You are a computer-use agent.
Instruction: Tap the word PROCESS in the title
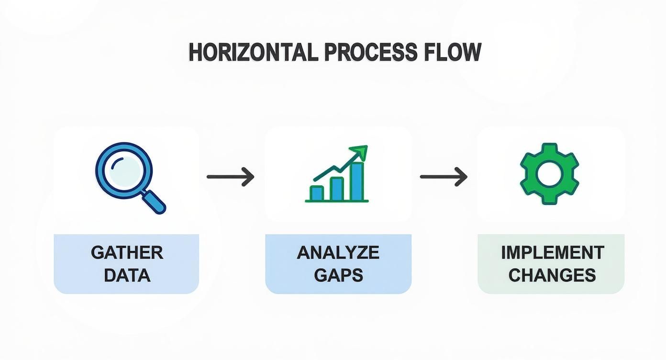371,52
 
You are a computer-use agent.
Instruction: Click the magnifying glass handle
154,202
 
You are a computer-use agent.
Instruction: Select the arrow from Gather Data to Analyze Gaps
231,177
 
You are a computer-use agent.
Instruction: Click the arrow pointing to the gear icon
444,177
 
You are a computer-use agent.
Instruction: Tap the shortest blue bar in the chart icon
317,193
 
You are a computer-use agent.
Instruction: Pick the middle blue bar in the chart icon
337,189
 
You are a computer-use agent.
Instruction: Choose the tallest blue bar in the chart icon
357,181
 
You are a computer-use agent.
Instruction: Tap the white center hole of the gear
549,174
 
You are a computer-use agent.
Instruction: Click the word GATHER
127,253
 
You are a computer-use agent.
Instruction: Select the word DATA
127,275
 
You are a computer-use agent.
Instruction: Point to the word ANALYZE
338,253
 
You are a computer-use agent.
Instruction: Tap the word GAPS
338,275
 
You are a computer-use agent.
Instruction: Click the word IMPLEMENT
553,253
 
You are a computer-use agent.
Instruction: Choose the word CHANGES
552,275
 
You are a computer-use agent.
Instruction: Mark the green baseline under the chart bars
337,201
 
